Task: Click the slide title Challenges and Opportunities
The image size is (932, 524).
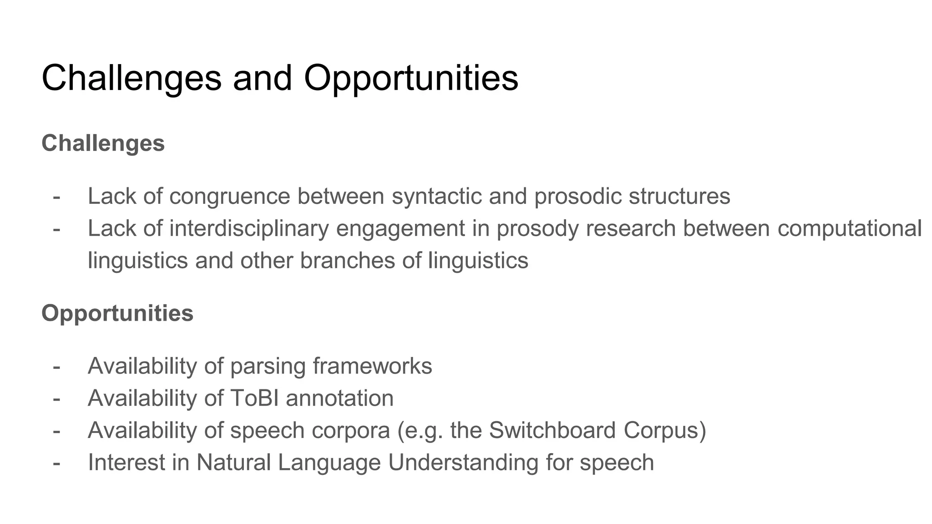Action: click(279, 78)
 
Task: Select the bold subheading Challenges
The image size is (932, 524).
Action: click(103, 143)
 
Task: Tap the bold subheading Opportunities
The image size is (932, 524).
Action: click(117, 313)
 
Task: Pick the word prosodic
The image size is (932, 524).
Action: click(577, 197)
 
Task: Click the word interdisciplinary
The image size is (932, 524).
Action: click(249, 229)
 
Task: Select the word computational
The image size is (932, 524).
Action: click(849, 229)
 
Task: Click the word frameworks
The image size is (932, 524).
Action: click(372, 366)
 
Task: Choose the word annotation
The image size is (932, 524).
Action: click(339, 398)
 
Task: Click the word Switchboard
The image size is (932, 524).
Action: click(552, 430)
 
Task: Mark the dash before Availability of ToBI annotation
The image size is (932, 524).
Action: click(56, 399)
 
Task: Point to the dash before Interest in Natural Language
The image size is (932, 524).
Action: click(56, 464)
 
